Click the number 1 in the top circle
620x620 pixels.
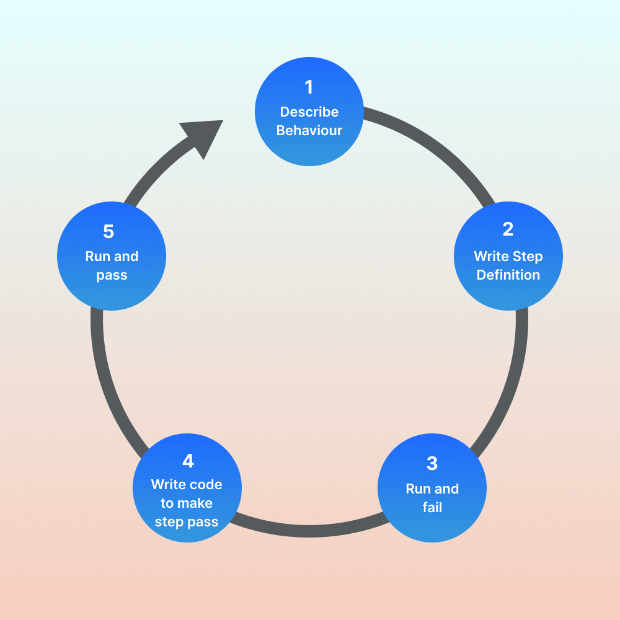pyautogui.click(x=309, y=87)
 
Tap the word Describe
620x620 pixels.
pyautogui.click(x=309, y=112)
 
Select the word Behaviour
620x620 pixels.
pyautogui.click(x=309, y=131)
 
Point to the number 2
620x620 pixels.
pyautogui.click(x=508, y=229)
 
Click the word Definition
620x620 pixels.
pyautogui.click(x=508, y=275)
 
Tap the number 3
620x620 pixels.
pyautogui.click(x=432, y=463)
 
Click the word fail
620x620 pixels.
pyautogui.click(x=432, y=507)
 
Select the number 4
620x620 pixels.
pyautogui.click(x=188, y=461)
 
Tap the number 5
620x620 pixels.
pyautogui.click(x=108, y=232)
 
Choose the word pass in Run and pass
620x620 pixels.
pyautogui.click(x=112, y=275)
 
